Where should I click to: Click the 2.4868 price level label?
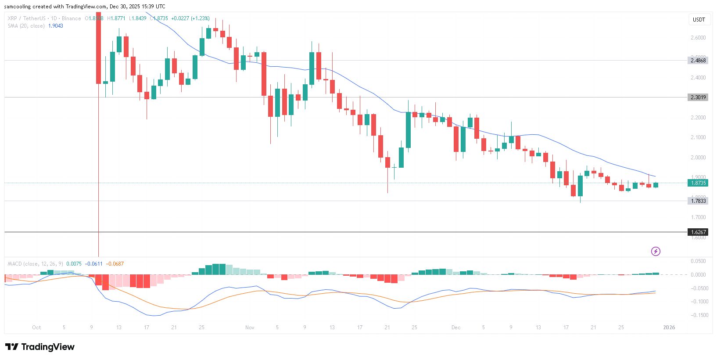pos(698,61)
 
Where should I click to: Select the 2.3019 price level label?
pos(698,97)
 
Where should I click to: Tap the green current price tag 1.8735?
pos(698,183)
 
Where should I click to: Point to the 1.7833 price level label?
pos(698,201)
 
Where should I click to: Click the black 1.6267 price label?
pos(698,232)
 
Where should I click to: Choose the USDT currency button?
pos(699,20)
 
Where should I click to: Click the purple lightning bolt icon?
pos(656,251)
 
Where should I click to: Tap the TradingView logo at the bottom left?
pos(40,347)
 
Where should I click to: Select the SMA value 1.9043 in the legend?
pos(56,26)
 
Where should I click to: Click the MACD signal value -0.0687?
pos(115,264)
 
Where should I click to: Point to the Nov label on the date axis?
pos(250,328)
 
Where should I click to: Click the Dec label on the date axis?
pos(456,328)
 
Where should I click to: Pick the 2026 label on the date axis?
pos(669,328)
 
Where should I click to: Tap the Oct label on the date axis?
pos(36,328)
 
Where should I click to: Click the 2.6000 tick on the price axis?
pos(698,38)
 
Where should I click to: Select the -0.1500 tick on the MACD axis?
pos(699,315)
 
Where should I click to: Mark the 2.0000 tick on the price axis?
pos(698,158)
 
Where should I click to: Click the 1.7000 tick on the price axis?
pos(698,217)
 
